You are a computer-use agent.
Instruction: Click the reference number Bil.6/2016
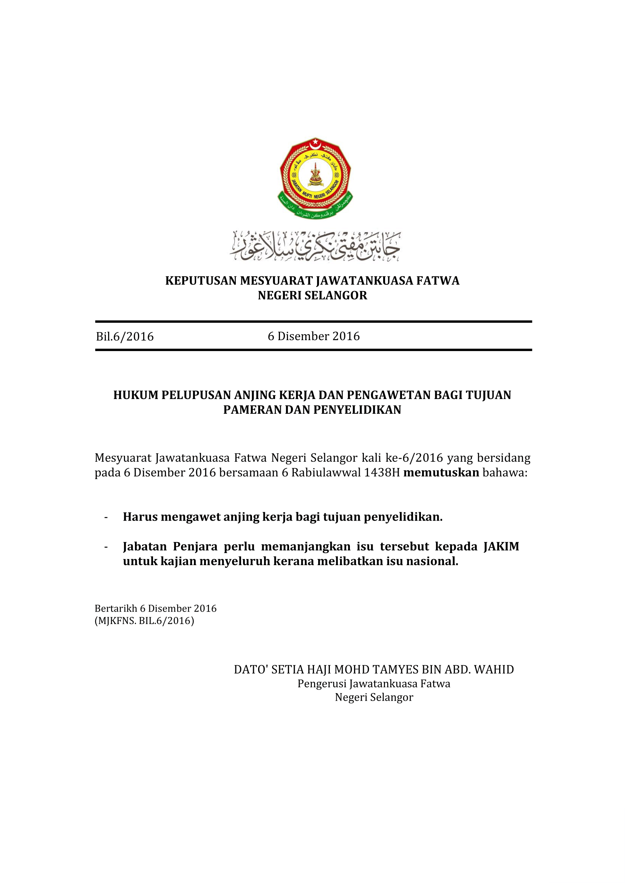[125, 336]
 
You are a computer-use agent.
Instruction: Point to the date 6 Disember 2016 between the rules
[314, 336]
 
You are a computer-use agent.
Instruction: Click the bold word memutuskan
[441, 473]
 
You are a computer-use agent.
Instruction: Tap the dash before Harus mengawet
[106, 517]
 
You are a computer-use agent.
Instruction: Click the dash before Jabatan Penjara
[106, 547]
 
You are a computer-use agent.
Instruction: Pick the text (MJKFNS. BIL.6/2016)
[144, 621]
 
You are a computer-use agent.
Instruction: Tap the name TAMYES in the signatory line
[399, 670]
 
